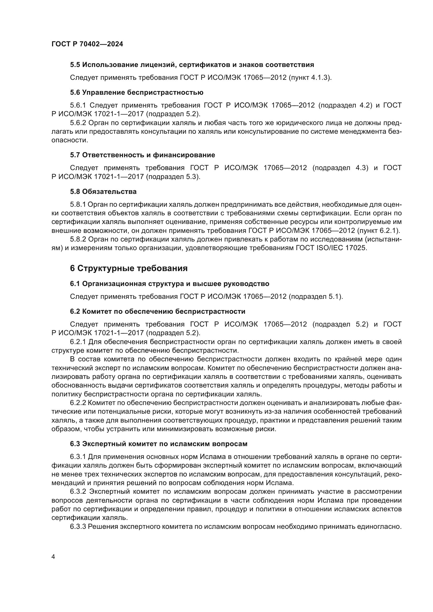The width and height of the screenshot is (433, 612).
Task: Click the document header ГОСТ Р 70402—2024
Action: tap(87, 44)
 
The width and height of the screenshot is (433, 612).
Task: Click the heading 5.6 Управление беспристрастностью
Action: tap(136, 92)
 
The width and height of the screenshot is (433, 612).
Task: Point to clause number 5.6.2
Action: tap(78, 123)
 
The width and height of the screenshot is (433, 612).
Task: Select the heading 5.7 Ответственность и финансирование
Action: tap(142, 155)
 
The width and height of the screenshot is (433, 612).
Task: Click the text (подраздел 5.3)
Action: tap(173, 176)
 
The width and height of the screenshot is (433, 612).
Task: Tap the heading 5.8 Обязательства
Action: tap(103, 191)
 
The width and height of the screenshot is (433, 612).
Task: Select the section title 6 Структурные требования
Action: tap(129, 268)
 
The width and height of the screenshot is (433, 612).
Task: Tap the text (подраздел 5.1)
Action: tap(316, 296)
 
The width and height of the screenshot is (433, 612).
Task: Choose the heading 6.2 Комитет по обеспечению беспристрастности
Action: tap(158, 311)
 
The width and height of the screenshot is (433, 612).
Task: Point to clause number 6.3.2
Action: tap(78, 491)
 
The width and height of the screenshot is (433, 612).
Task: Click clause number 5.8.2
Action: tap(78, 239)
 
